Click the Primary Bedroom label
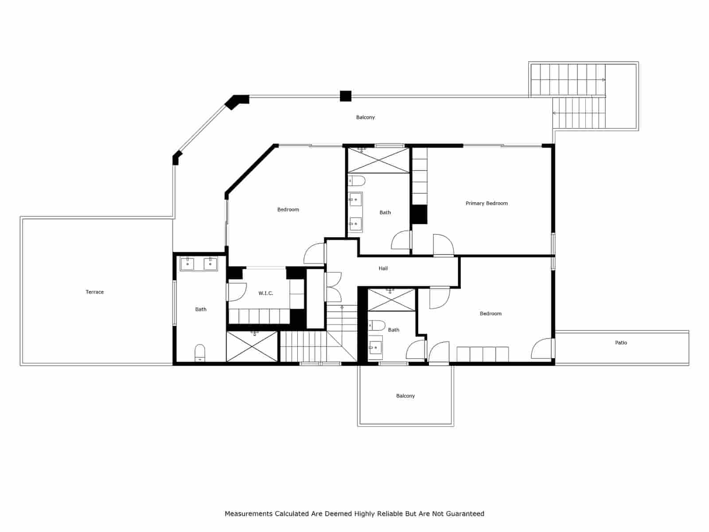pyautogui.click(x=486, y=203)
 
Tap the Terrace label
pyautogui.click(x=94, y=292)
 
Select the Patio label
pyautogui.click(x=620, y=343)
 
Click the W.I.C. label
pyautogui.click(x=265, y=293)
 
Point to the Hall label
pyautogui.click(x=383, y=269)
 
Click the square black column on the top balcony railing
pyautogui.click(x=345, y=96)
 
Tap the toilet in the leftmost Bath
pyautogui.click(x=200, y=353)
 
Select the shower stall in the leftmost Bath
pyautogui.click(x=252, y=346)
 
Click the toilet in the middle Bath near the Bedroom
pyautogui.click(x=357, y=181)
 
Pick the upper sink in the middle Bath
pyautogui.click(x=355, y=199)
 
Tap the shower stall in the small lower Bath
pyautogui.click(x=391, y=300)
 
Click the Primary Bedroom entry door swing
pyautogui.click(x=444, y=245)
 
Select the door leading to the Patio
pyautogui.click(x=542, y=349)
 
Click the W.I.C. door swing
pyautogui.click(x=237, y=292)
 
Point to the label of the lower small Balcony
pyautogui.click(x=405, y=396)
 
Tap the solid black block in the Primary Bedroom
pyautogui.click(x=419, y=214)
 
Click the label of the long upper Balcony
pyautogui.click(x=365, y=117)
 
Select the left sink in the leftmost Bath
pyautogui.click(x=188, y=264)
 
